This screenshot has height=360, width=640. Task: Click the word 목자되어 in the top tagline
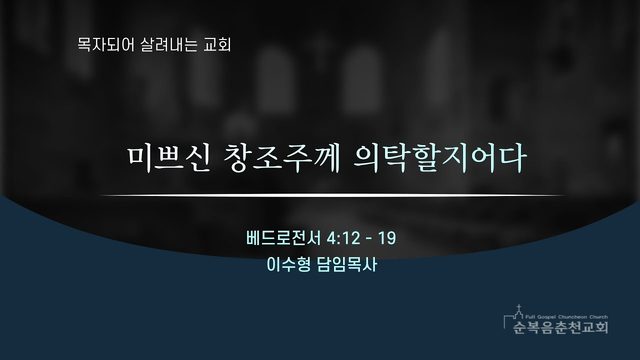[105, 44]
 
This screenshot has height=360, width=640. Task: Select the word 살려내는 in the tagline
[169, 44]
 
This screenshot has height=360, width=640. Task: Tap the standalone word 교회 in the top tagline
[217, 44]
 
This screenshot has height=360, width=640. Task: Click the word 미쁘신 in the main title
[169, 158]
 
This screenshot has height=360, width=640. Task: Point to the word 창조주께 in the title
[282, 158]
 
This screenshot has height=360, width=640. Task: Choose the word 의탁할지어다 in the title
[439, 158]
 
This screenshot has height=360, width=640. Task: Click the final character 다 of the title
[512, 158]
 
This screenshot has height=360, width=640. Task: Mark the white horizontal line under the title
[333, 196]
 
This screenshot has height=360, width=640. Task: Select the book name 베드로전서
[284, 238]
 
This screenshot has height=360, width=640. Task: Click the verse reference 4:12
[344, 238]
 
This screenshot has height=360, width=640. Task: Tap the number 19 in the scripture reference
[387, 238]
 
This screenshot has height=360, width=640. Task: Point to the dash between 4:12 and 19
[369, 239]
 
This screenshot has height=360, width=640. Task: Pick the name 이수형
[288, 265]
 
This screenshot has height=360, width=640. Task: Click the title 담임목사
[347, 265]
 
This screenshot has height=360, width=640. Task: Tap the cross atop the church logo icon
[519, 307]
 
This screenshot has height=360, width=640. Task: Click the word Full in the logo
[530, 317]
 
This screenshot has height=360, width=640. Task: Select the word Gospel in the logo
[545, 317]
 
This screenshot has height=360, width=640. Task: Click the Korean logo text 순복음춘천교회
[561, 327]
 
